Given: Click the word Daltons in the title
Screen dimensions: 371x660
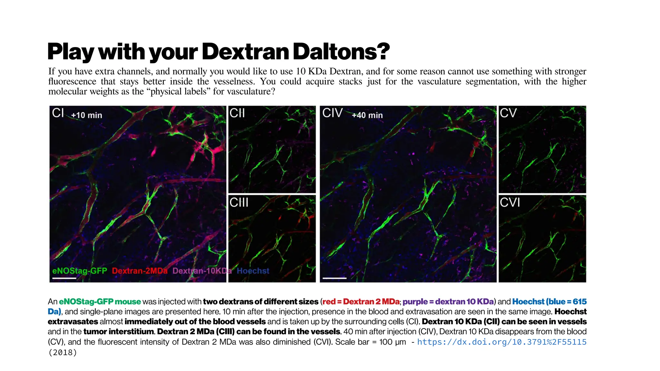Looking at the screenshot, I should coord(341,52).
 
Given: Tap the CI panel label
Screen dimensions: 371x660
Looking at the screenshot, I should coord(58,113).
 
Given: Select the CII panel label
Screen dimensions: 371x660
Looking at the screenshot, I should coord(237,113).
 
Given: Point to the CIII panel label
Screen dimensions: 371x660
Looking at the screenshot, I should coord(239,203).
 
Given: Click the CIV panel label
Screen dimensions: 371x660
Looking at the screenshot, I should coord(332,113).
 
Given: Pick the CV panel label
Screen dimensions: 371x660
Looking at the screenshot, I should coord(508,113).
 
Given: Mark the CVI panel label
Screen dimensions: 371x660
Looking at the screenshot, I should coord(510,203).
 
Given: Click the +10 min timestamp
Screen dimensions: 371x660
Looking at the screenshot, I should coord(86,115).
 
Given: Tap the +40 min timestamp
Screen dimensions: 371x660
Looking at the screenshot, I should coord(367,115).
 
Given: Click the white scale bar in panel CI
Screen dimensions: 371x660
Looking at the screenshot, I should coord(64,278).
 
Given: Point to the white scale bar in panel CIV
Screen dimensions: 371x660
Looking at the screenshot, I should coord(335,278).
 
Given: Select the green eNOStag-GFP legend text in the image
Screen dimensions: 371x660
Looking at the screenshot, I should coord(80,271).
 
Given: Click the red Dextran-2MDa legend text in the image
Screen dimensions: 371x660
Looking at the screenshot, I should coord(140,271).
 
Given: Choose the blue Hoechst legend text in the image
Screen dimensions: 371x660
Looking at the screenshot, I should coord(253,271).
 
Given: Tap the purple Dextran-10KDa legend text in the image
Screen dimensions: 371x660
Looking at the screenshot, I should coord(202,271).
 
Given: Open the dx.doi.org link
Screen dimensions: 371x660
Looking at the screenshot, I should coord(502,342).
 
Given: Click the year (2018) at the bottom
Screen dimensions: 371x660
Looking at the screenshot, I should coord(63,352).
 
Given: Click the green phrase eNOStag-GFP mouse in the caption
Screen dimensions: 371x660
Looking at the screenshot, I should coord(100,302).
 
